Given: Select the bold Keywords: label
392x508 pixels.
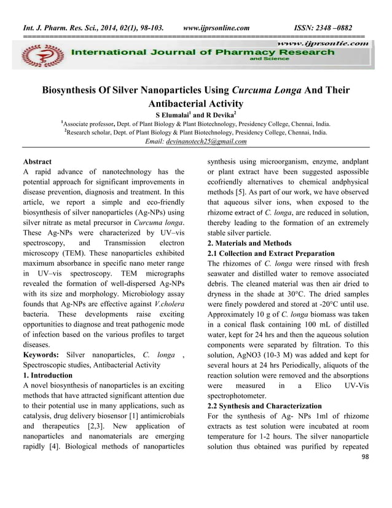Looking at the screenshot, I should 41,355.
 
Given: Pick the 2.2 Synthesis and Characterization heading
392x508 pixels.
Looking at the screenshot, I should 265,407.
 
